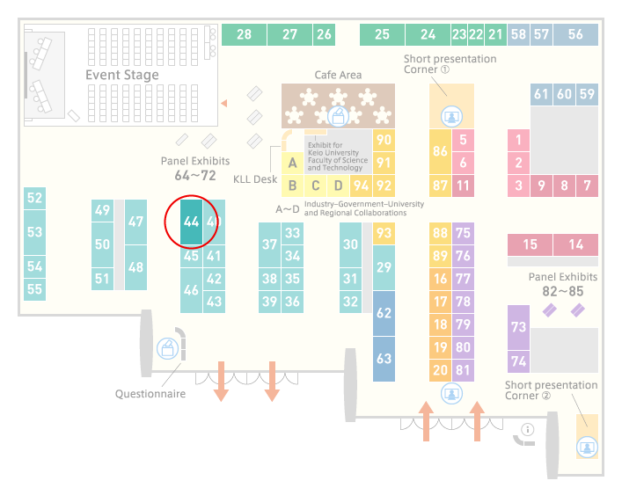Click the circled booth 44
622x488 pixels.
coord(191,222)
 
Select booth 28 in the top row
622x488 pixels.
coord(244,34)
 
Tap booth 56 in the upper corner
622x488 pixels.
coord(575,34)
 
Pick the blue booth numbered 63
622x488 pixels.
coord(384,359)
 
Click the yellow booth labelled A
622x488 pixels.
coord(292,163)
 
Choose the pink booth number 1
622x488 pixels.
coord(518,140)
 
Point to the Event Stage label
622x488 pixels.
coord(122,75)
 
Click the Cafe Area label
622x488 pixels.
coord(338,75)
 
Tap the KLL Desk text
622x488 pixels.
coord(255,179)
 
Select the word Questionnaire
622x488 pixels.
coord(150,394)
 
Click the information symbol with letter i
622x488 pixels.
coord(528,429)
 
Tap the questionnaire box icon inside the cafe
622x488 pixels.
coord(338,117)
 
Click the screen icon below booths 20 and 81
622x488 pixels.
coord(451,394)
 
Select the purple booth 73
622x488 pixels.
coord(518,327)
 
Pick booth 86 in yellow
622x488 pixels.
coord(440,151)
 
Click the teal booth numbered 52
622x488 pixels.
coord(34,198)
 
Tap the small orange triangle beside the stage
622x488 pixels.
coord(224,104)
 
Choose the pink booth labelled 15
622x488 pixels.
coord(530,244)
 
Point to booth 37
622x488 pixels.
coord(270,244)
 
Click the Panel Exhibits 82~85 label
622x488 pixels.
coord(563,284)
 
